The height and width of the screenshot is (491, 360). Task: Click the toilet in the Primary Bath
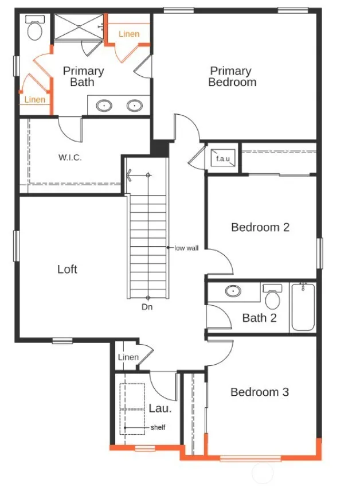pyautogui.click(x=35, y=28)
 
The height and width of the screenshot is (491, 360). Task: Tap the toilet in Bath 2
pyautogui.click(x=272, y=296)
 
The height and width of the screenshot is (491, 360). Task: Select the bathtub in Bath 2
pyautogui.click(x=303, y=307)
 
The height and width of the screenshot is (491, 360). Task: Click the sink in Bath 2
pyautogui.click(x=233, y=291)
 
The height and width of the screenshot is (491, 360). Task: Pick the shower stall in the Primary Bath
pyautogui.click(x=79, y=27)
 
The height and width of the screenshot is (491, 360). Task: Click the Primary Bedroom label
pyautogui.click(x=232, y=76)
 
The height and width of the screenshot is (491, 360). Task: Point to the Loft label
pyautogui.click(x=67, y=269)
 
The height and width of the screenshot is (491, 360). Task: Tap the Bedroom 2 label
pyautogui.click(x=260, y=227)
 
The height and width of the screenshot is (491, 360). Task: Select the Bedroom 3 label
pyautogui.click(x=260, y=392)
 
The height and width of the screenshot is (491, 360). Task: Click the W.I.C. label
pyautogui.click(x=70, y=157)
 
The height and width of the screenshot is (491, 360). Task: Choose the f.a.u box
pyautogui.click(x=222, y=158)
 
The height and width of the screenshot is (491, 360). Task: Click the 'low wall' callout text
pyautogui.click(x=186, y=248)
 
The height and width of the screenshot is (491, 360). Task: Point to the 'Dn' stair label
pyautogui.click(x=147, y=307)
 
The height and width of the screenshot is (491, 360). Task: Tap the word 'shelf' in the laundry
pyautogui.click(x=158, y=427)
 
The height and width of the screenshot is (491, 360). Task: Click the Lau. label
pyautogui.click(x=160, y=408)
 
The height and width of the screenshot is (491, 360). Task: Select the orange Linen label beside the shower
pyautogui.click(x=129, y=34)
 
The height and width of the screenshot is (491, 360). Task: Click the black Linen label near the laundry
pyautogui.click(x=128, y=357)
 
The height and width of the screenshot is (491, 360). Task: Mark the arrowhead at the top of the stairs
pyautogui.click(x=129, y=175)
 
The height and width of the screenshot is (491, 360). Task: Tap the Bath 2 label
pyautogui.click(x=259, y=318)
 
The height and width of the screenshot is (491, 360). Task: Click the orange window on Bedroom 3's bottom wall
pyautogui.click(x=251, y=459)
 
